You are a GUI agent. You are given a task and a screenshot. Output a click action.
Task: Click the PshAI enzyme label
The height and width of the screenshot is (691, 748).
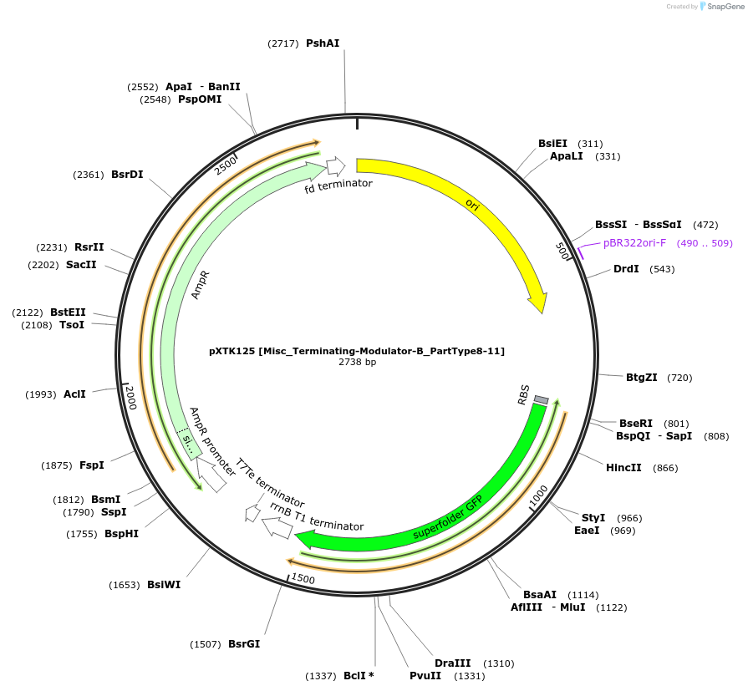pyautogui.click(x=323, y=43)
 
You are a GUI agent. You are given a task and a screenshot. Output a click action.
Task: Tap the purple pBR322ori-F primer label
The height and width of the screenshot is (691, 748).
pyautogui.click(x=634, y=243)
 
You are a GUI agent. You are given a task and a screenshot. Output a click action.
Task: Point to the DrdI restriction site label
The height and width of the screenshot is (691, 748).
pyautogui.click(x=626, y=269)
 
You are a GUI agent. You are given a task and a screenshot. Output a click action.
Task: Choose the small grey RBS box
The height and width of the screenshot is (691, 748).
pyautogui.click(x=541, y=399)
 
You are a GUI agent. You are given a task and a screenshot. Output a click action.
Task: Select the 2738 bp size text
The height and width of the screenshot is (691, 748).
pyautogui.click(x=357, y=363)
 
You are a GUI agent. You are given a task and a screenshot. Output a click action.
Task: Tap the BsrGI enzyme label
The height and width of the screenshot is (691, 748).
pyautogui.click(x=244, y=644)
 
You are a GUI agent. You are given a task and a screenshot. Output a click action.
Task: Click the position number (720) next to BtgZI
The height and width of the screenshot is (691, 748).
pyautogui.click(x=679, y=378)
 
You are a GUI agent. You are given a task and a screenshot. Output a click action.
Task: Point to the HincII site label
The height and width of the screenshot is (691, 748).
pyautogui.click(x=623, y=467)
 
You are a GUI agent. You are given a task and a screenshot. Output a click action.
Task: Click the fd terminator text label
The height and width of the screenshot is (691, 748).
pyautogui.click(x=338, y=185)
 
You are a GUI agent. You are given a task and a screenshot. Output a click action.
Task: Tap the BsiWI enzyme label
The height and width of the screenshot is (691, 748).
pyautogui.click(x=164, y=585)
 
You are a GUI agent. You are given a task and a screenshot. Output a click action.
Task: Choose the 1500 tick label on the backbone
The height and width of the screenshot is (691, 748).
pyautogui.click(x=303, y=578)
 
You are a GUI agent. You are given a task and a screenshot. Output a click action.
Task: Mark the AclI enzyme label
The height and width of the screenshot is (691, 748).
pyautogui.click(x=74, y=394)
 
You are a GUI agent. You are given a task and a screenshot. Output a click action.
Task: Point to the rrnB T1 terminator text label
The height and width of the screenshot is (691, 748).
pyautogui.click(x=317, y=518)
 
